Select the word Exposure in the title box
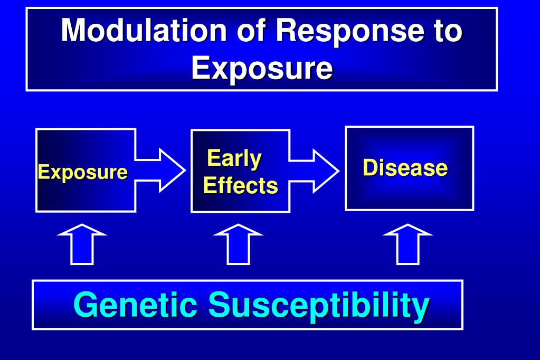262,69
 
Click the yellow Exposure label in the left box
82,172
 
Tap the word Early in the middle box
234,158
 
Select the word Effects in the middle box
241,186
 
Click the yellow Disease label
405,168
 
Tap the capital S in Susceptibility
217,305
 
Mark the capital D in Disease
370,168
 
